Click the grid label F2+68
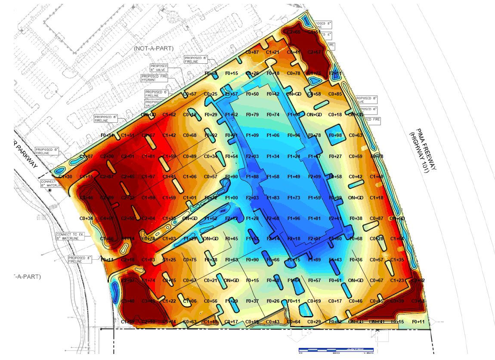coord(273,218)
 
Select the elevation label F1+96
coord(294,218)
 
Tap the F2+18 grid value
coord(294,239)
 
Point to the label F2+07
coord(315,239)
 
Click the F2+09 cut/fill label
coord(315,177)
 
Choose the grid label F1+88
coord(252,177)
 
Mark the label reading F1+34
coord(273,156)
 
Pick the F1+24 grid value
coord(294,156)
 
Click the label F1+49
coord(294,177)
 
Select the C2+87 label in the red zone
coord(107,177)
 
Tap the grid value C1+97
coord(148,177)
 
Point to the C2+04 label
coord(148,218)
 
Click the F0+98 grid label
coord(335,135)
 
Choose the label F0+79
coord(252,115)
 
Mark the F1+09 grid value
coord(252,135)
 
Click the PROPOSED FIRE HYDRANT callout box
coord(154,78)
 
